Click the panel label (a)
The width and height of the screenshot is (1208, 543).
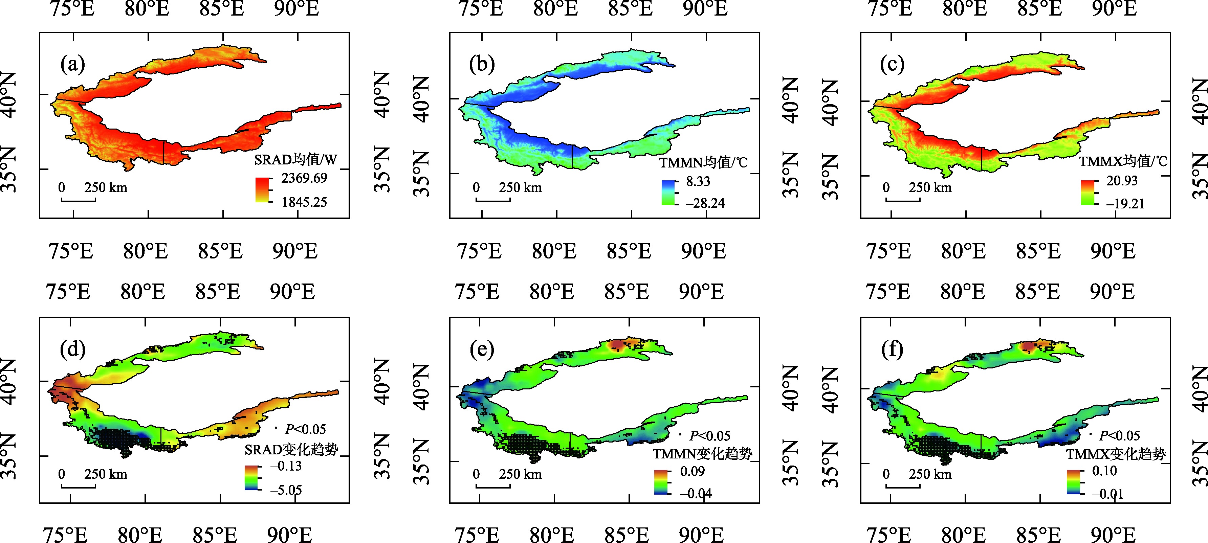click(x=73, y=65)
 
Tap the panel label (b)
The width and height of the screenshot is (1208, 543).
click(x=482, y=65)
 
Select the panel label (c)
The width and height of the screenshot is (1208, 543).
click(x=892, y=65)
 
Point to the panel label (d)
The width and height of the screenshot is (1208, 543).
click(x=73, y=349)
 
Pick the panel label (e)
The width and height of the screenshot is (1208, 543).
click(x=482, y=349)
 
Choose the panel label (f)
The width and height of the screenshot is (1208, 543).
click(x=892, y=349)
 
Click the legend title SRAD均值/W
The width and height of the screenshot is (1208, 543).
click(x=295, y=160)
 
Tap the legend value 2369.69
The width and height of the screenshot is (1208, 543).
click(x=304, y=178)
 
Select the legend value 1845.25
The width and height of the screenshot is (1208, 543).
click(x=304, y=202)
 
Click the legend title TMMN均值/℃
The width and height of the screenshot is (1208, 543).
click(x=703, y=163)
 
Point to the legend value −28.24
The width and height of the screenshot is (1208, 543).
click(x=705, y=203)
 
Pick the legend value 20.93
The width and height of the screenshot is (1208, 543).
click(x=1122, y=181)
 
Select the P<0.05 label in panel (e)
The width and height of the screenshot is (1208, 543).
click(x=709, y=436)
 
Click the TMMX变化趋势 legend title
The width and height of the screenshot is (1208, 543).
click(x=1116, y=454)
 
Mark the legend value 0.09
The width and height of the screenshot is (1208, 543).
click(x=692, y=471)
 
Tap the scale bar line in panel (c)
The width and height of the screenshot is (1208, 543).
click(x=903, y=201)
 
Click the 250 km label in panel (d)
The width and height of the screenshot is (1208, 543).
click(x=106, y=474)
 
